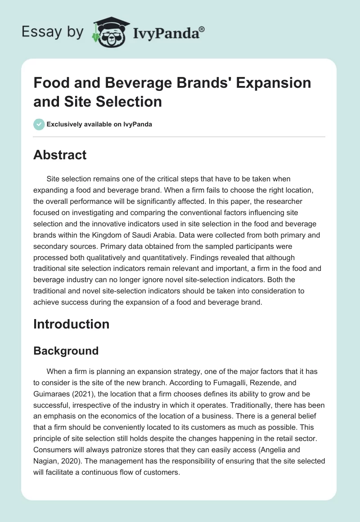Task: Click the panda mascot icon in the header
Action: point(110,32)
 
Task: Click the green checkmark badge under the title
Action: point(39,124)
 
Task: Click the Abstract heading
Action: point(60,155)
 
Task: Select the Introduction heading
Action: point(71,324)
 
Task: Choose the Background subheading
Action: point(66,351)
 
